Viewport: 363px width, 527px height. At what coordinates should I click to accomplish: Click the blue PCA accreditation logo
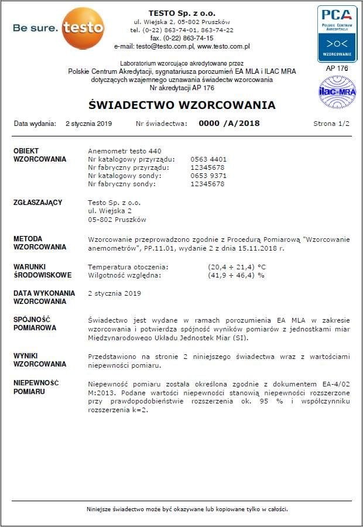pyautogui.click(x=337, y=33)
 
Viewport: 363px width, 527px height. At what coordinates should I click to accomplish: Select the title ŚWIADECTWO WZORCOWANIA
pyautogui.click(x=181, y=105)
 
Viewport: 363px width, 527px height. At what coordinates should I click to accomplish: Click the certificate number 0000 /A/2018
pyautogui.click(x=229, y=124)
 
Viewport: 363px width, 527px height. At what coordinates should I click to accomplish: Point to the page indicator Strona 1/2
pyautogui.click(x=331, y=124)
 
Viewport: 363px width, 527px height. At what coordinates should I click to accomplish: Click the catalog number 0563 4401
pyautogui.click(x=208, y=159)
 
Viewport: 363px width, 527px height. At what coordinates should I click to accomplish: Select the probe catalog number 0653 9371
pyautogui.click(x=208, y=176)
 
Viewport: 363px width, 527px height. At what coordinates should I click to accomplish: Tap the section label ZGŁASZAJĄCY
pyautogui.click(x=37, y=203)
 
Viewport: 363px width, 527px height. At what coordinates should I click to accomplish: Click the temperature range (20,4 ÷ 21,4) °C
pyautogui.click(x=237, y=266)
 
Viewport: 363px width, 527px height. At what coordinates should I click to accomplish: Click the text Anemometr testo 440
pyautogui.click(x=124, y=151)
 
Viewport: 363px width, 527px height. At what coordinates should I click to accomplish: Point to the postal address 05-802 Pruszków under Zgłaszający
pyautogui.click(x=117, y=220)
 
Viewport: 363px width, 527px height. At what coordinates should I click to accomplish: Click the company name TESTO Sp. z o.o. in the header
pyautogui.click(x=181, y=12)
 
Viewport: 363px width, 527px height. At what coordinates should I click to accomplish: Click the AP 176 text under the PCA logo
pyautogui.click(x=337, y=68)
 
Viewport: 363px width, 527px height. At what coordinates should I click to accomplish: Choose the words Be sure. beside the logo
pyautogui.click(x=35, y=28)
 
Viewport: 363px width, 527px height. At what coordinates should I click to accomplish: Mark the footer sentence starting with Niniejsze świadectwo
pyautogui.click(x=187, y=509)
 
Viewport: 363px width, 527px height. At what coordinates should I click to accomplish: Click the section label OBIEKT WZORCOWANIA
pyautogui.click(x=39, y=155)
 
